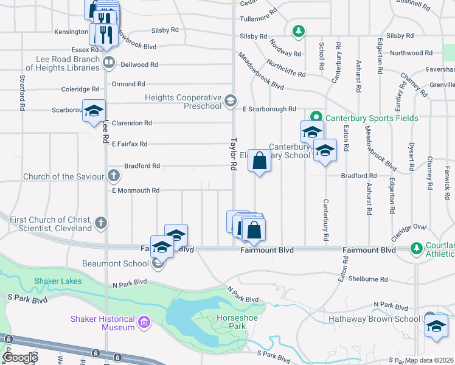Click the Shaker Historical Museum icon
[x=144, y=322]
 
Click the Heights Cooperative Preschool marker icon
[x=230, y=100]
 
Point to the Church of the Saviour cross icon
[x=113, y=176]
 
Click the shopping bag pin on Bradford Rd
[x=259, y=162]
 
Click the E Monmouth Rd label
[x=135, y=190]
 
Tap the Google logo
[x=20, y=358]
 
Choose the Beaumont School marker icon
[x=158, y=263]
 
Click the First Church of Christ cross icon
[x=101, y=223]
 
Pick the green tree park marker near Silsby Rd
[x=297, y=30]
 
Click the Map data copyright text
[x=429, y=360]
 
